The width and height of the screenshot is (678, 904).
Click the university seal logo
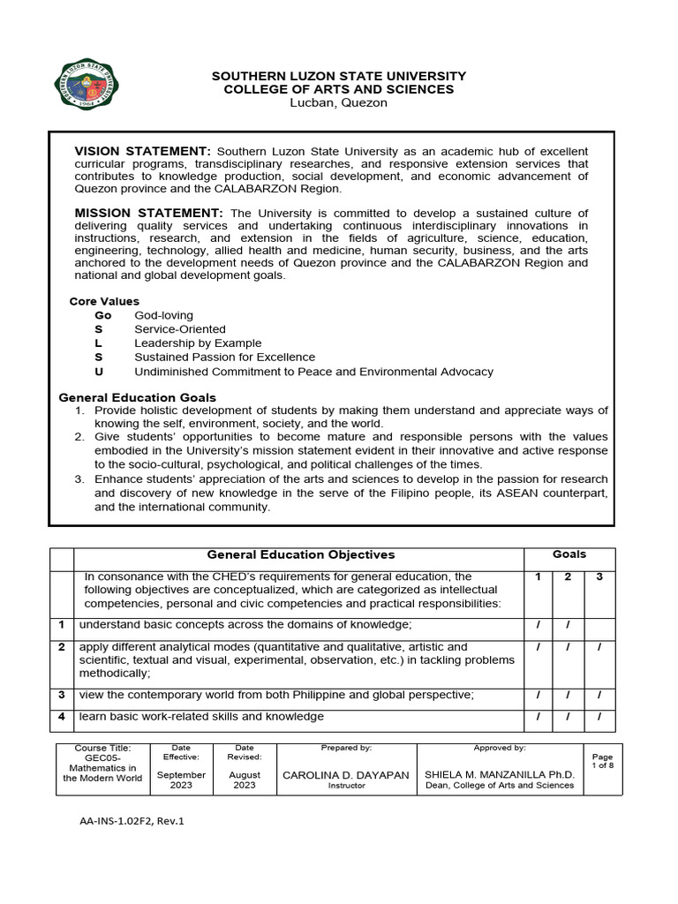click(x=87, y=85)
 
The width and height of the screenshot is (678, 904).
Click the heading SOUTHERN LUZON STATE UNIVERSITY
click(x=339, y=77)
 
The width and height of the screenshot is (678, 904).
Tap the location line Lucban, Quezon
click(x=339, y=102)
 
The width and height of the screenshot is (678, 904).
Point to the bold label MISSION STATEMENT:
click(x=148, y=213)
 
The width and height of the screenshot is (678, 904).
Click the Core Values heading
click(x=104, y=301)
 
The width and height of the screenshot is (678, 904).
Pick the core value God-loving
click(x=163, y=315)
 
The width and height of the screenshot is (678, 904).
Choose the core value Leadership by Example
click(x=198, y=343)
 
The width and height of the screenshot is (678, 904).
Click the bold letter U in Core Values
click(x=99, y=372)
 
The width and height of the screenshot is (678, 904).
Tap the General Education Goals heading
click(x=137, y=398)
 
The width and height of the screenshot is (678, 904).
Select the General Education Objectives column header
click(x=300, y=554)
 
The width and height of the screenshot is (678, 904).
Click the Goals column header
click(x=569, y=554)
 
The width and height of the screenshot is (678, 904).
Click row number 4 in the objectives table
click(x=62, y=716)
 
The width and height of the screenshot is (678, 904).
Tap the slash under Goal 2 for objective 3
click(x=569, y=695)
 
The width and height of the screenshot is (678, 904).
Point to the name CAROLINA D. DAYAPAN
click(x=345, y=774)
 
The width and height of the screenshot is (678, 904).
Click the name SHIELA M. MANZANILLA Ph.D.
click(x=500, y=774)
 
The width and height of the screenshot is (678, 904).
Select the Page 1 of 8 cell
click(x=602, y=761)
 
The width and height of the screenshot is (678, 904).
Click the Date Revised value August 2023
click(x=245, y=780)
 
